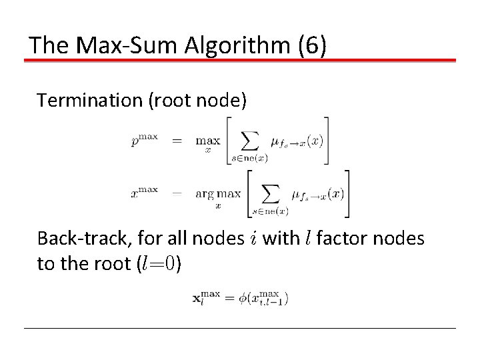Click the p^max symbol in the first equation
coord(145,140)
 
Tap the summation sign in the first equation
coord(249,140)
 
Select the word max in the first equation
coord(207,141)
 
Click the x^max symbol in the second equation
coord(145,193)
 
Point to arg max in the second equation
coord(218,194)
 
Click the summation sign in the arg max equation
coord(269,193)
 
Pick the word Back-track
coord(76,238)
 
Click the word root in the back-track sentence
coord(111,263)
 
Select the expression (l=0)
coord(158,263)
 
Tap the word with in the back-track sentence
coord(281,238)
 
